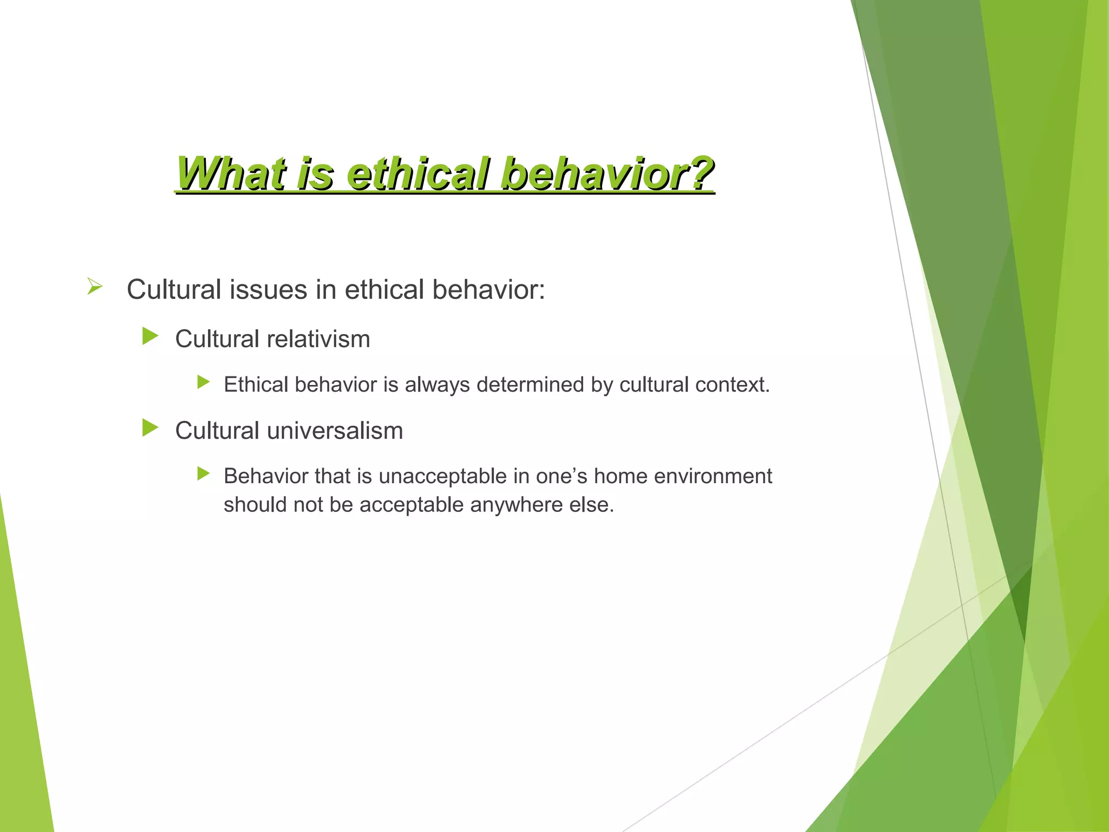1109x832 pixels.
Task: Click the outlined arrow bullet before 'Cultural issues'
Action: point(95,286)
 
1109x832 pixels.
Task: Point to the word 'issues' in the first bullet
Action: point(269,289)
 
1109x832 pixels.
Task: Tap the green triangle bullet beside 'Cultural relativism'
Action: point(149,336)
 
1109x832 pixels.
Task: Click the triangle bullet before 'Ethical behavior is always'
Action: point(203,382)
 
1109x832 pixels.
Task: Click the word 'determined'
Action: point(530,385)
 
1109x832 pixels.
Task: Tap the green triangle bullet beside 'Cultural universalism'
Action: point(149,428)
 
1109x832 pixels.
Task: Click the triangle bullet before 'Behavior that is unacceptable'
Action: point(203,474)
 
